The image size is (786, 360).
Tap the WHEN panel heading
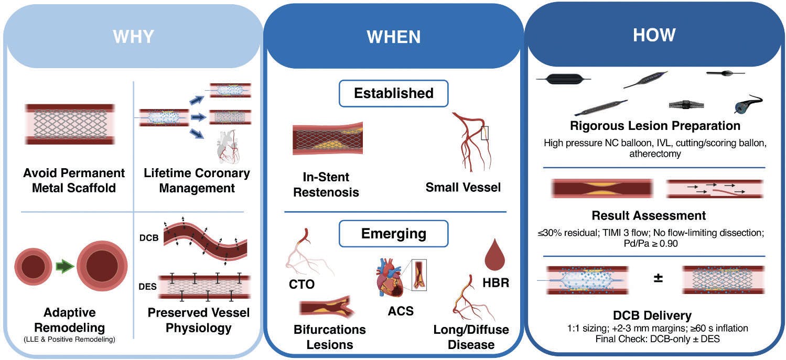pos(393,37)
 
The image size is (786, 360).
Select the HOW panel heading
pos(654,35)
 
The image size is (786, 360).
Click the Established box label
pos(394,93)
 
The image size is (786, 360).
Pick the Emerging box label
pos(394,233)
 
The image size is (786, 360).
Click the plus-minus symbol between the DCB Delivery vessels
pos(658,278)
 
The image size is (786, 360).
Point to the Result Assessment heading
pos(649,215)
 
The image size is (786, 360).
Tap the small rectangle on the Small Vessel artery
pos(485,133)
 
